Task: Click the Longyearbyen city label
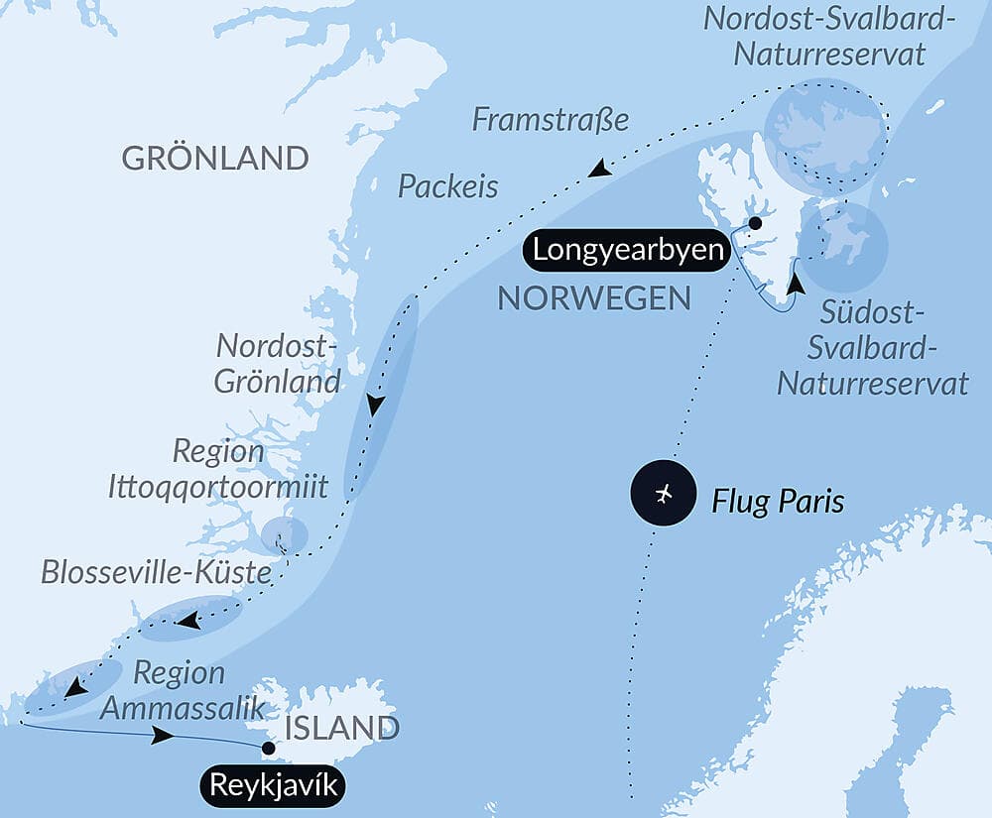click(627, 250)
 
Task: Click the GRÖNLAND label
click(214, 158)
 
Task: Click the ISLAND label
click(342, 729)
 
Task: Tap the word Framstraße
click(551, 120)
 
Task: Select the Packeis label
click(448, 186)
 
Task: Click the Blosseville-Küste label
click(156, 572)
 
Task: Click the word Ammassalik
click(183, 708)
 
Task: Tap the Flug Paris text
click(778, 501)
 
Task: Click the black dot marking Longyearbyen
click(755, 223)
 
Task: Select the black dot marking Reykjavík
click(267, 748)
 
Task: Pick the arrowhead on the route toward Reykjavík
click(162, 737)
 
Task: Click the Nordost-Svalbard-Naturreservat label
click(829, 36)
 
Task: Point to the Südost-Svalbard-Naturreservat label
click(873, 348)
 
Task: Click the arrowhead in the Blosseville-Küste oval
click(186, 622)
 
